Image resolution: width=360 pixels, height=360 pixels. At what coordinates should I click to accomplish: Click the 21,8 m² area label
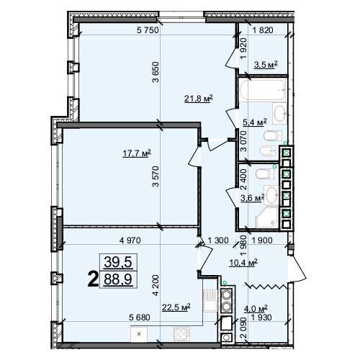[x=199, y=99]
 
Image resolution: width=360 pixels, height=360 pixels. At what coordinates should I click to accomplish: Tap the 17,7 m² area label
[x=137, y=153]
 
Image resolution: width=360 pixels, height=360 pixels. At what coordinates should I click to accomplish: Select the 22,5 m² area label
[x=176, y=307]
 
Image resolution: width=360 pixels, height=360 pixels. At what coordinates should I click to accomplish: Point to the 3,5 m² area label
[x=266, y=65]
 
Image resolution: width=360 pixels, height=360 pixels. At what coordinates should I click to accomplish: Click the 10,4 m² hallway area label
[x=243, y=263]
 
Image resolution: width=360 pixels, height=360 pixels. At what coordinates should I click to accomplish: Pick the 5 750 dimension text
[x=148, y=30]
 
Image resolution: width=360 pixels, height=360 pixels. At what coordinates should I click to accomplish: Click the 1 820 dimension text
[x=263, y=30]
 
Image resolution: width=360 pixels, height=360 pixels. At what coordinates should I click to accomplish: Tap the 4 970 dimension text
[x=130, y=240]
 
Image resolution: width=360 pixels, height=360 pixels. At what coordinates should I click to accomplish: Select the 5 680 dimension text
[x=140, y=318]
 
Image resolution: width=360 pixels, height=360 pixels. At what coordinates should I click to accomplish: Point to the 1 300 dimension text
[x=218, y=240]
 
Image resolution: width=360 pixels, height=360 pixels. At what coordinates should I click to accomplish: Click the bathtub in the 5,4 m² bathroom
[x=263, y=90]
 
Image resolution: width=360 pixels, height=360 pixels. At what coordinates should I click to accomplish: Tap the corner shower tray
[x=267, y=217]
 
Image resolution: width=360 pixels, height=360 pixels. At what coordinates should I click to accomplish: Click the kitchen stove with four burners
[x=181, y=334]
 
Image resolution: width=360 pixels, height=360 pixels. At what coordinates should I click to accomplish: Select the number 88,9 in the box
[x=118, y=279]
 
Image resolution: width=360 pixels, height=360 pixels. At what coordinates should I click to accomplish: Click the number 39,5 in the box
[x=118, y=262]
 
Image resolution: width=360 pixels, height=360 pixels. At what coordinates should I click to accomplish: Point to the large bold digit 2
[x=93, y=279]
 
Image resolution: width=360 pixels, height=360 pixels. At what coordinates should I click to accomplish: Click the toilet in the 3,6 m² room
[x=265, y=174]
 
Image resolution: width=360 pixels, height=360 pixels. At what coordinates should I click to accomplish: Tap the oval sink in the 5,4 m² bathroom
[x=279, y=113]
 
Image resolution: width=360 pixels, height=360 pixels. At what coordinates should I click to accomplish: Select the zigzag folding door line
[x=266, y=286]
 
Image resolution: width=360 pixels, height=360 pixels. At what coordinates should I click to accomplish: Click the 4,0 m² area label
[x=256, y=308]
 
